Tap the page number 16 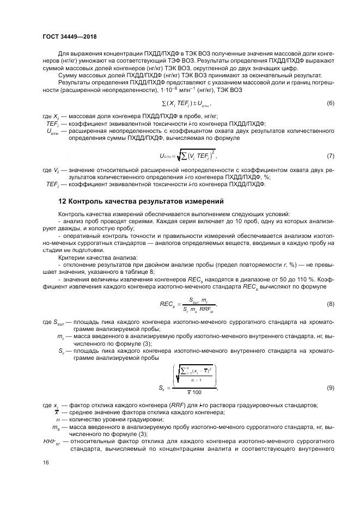pyautogui.click(x=45, y=462)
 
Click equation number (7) pyautogui.click(x=330, y=156)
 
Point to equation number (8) pyautogui.click(x=330, y=304)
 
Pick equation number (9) pyautogui.click(x=330, y=388)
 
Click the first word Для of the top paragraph pyautogui.click(x=63, y=54)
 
